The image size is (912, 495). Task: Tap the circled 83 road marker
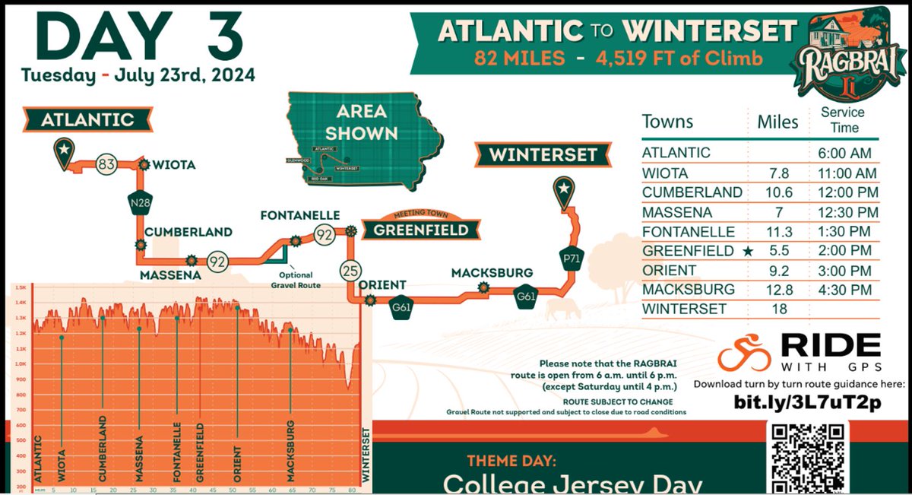[107, 163]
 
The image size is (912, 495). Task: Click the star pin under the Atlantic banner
[64, 151]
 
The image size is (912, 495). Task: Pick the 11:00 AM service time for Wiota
[844, 173]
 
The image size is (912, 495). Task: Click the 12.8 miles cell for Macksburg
[778, 290]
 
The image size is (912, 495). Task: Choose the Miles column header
[778, 122]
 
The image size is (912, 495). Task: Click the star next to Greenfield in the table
[749, 251]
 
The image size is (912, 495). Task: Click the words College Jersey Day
[572, 484]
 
